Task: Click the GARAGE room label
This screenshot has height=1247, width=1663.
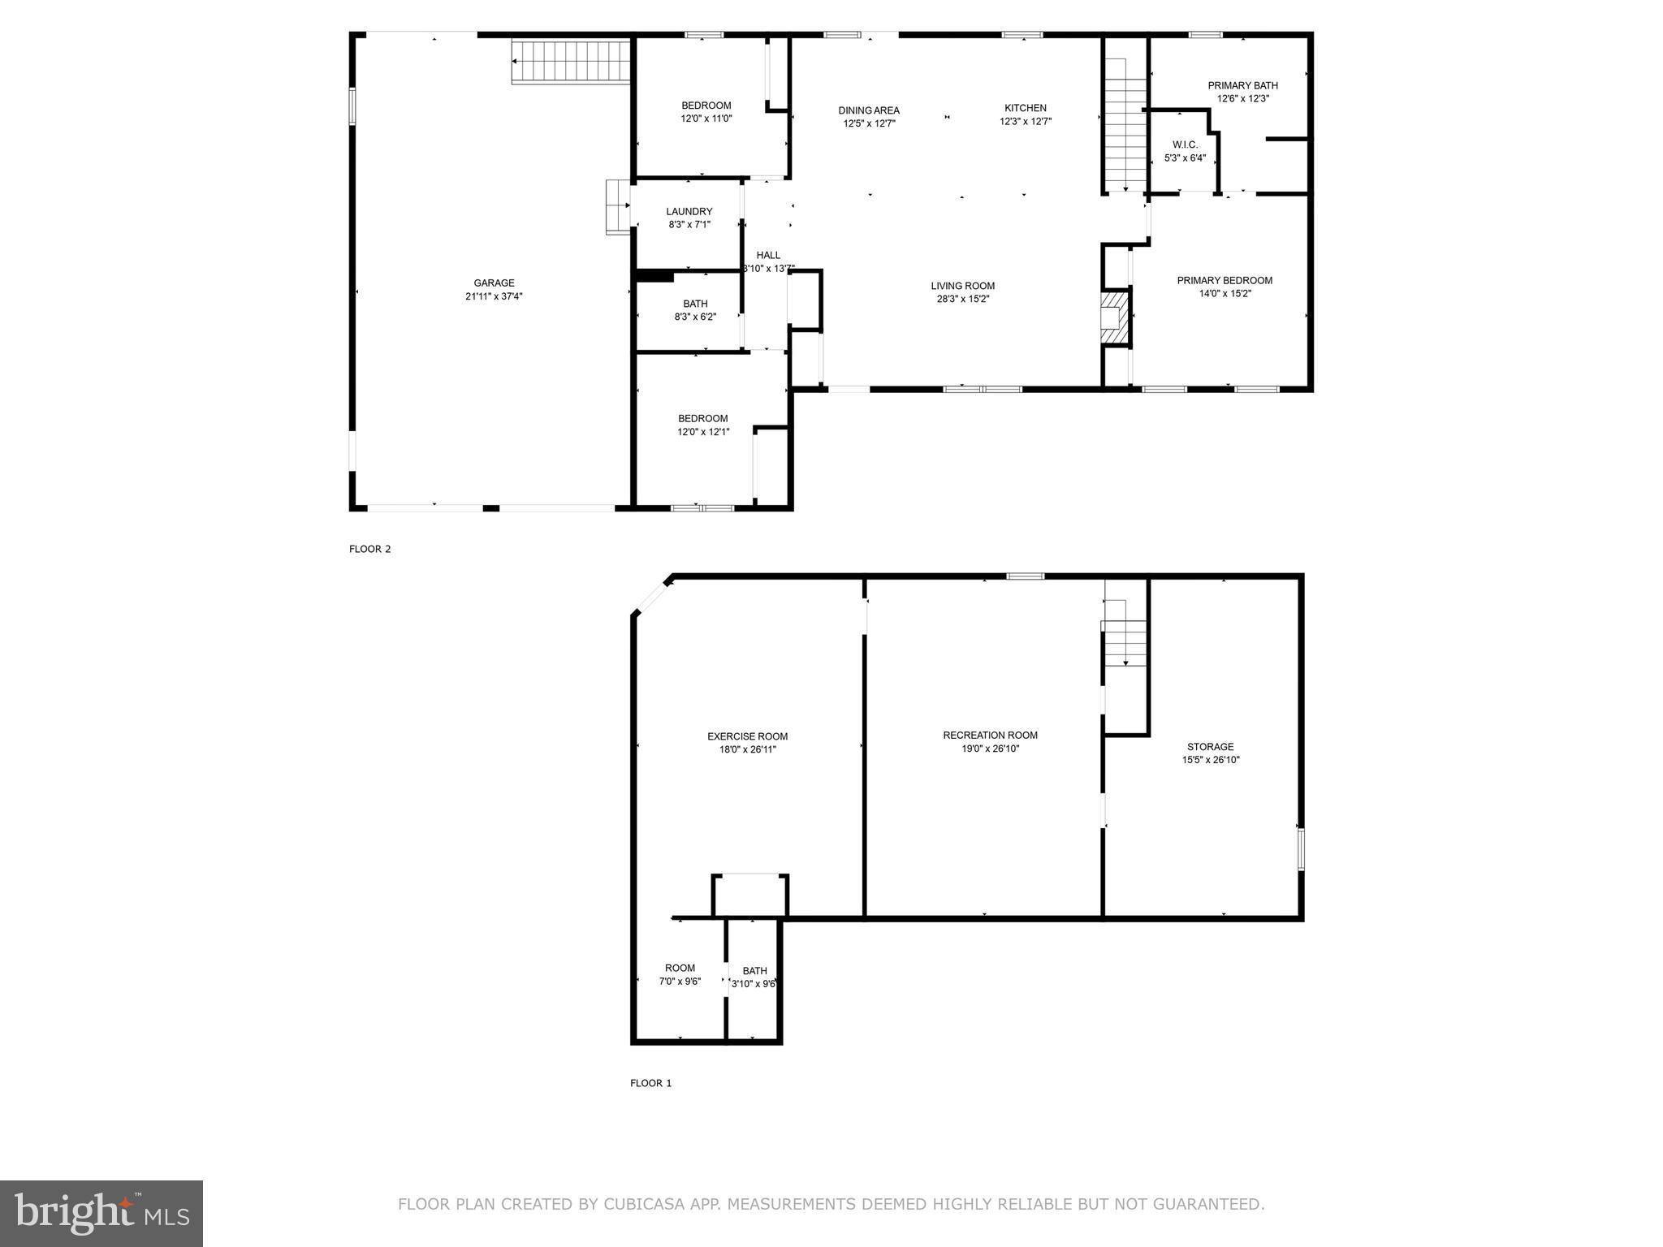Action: (x=494, y=283)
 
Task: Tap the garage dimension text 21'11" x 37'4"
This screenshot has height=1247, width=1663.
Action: (x=494, y=297)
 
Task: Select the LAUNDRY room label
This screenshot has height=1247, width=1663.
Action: (x=689, y=211)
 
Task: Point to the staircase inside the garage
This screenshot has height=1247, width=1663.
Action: (x=572, y=62)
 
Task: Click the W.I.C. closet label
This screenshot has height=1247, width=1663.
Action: (x=1185, y=145)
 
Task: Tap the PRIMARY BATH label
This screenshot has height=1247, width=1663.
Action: (x=1242, y=85)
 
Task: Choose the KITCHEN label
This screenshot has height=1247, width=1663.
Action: (x=1025, y=108)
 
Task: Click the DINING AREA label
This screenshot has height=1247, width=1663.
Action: (x=869, y=110)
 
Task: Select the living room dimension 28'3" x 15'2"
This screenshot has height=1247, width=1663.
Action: (x=962, y=299)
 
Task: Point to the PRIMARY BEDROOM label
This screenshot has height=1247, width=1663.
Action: (x=1225, y=280)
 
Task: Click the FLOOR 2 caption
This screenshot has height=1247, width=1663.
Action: (x=369, y=549)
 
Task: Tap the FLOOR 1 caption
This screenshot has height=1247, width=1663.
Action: (x=650, y=1083)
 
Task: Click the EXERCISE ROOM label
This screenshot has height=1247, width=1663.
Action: (x=747, y=736)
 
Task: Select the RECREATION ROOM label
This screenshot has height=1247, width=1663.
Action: (x=990, y=735)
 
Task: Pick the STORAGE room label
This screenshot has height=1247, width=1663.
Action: (x=1210, y=747)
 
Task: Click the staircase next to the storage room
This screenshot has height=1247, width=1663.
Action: (x=1125, y=641)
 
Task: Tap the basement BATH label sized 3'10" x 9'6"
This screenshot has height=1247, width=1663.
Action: (x=754, y=971)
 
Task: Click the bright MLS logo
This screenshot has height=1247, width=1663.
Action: (x=102, y=1213)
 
